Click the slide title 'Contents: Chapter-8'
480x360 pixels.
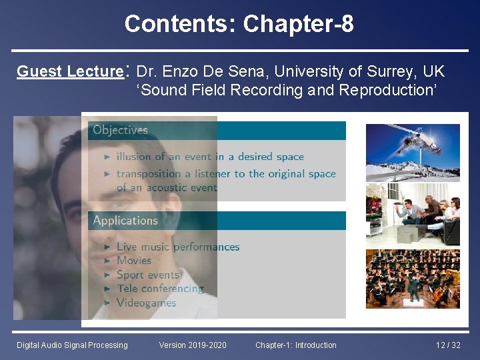coord(239,24)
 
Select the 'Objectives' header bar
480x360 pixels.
coord(217,130)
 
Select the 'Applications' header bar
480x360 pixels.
coord(217,221)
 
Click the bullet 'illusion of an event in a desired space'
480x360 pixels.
coord(210,157)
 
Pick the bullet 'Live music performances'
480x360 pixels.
coord(177,247)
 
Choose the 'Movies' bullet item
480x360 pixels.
coord(134,261)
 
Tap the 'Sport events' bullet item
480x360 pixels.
coord(148,275)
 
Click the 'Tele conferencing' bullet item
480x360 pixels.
coord(160,289)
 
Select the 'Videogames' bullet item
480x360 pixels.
coord(146,303)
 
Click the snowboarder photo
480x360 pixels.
coord(413,153)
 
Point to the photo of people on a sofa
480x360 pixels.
coord(413,215)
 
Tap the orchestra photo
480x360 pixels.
coord(413,279)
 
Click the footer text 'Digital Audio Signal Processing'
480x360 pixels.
coord(72,345)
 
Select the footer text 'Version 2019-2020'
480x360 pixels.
coord(193,345)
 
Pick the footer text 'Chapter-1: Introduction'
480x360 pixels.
coord(295,345)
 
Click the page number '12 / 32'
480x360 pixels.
coord(448,345)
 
